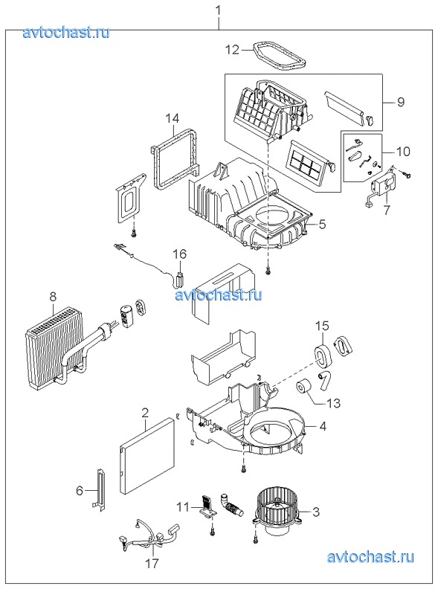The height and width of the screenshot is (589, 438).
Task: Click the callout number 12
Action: click(x=233, y=50)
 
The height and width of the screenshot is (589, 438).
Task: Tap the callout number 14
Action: click(x=173, y=119)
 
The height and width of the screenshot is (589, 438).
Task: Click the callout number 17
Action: click(x=153, y=564)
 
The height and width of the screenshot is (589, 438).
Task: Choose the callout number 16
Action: click(x=179, y=254)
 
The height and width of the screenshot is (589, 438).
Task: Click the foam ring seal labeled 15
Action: click(x=322, y=353)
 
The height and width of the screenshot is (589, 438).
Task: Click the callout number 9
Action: click(x=400, y=101)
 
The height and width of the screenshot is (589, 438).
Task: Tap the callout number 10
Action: click(x=403, y=152)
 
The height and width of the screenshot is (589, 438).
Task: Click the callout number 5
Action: click(x=322, y=225)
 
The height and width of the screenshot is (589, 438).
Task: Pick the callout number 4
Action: click(x=323, y=426)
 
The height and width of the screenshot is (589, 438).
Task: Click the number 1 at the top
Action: click(x=219, y=11)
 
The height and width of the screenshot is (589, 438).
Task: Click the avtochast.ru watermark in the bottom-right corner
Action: click(x=370, y=557)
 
